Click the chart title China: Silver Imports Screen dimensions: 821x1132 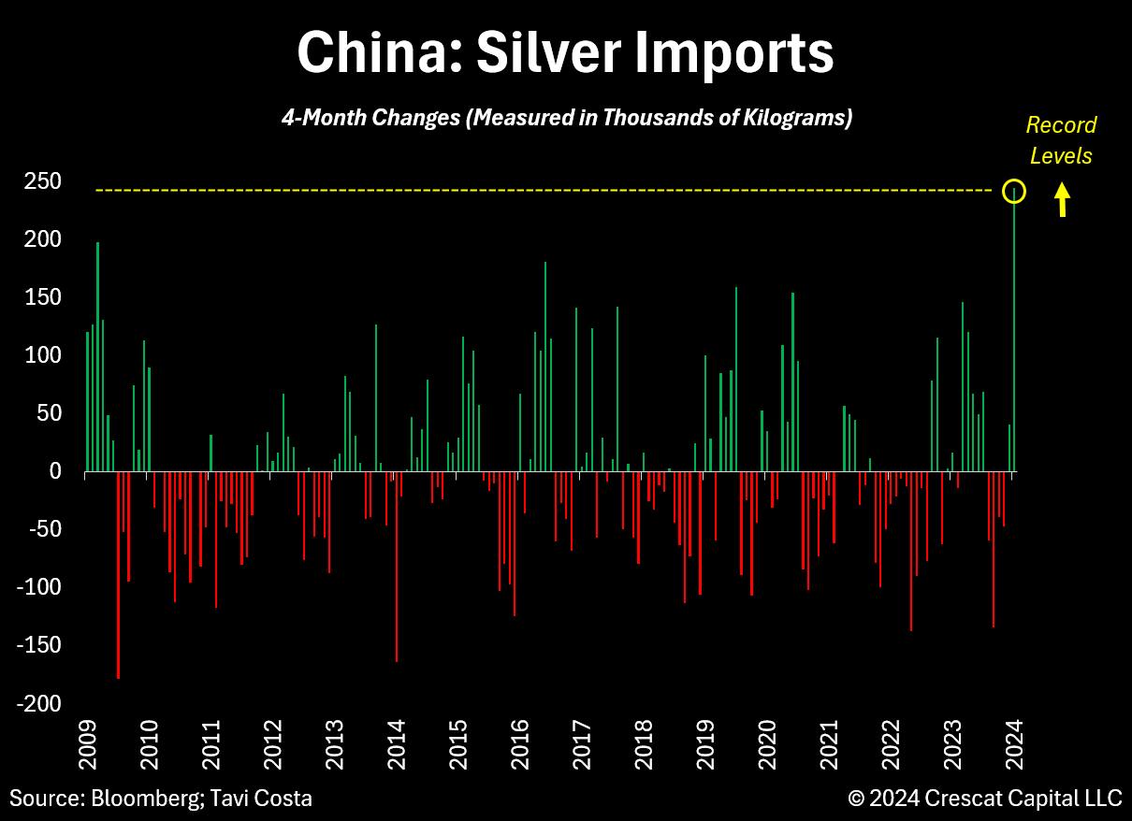[565, 53]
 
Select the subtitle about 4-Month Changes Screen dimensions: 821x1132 [566, 118]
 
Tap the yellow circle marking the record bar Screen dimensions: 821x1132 [1015, 192]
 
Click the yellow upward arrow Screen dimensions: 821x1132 [1062, 200]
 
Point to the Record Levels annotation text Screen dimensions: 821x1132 [1061, 140]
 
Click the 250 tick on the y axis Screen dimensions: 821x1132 [43, 181]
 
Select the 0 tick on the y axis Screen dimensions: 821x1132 [55, 471]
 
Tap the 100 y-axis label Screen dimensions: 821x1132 [43, 355]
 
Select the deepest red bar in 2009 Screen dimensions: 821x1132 [118, 575]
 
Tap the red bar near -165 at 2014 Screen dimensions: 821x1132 [397, 566]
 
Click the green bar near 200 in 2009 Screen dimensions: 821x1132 [97, 355]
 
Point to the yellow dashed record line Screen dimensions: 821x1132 [543, 191]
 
